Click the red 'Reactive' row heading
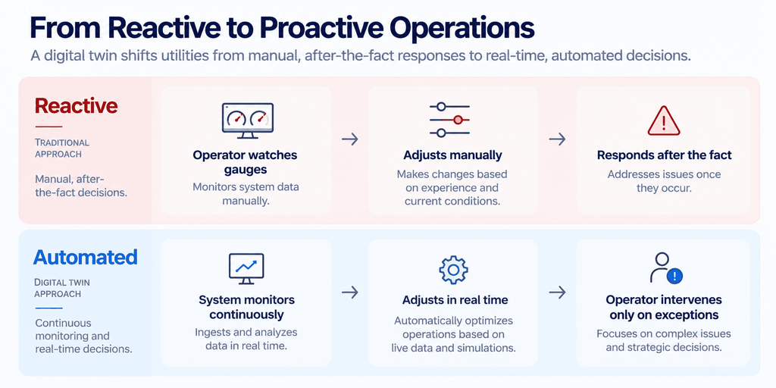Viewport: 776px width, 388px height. pyautogui.click(x=77, y=105)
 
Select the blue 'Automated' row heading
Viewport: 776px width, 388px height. pyautogui.click(x=85, y=258)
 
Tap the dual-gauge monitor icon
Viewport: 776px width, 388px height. pyautogui.click(x=248, y=120)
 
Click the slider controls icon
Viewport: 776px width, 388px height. pyautogui.click(x=449, y=120)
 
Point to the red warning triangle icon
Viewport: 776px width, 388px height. pyautogui.click(x=664, y=120)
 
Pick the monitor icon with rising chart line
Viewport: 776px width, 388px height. pyautogui.click(x=246, y=269)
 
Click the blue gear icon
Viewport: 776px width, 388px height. pyautogui.click(x=453, y=269)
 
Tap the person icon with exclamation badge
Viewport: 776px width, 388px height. pyautogui.click(x=665, y=268)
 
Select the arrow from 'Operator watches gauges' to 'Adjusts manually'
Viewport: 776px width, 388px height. pyautogui.click(x=350, y=139)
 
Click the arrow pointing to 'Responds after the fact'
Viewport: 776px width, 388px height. pyautogui.click(x=557, y=139)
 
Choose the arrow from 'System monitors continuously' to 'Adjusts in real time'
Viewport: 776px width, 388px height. pyautogui.click(x=350, y=293)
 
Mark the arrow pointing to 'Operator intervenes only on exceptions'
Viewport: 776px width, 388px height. pyautogui.click(x=557, y=293)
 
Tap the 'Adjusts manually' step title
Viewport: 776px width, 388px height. pyautogui.click(x=453, y=155)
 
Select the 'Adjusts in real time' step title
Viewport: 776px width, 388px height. pyautogui.click(x=455, y=300)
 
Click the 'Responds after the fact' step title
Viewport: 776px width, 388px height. pyautogui.click(x=664, y=155)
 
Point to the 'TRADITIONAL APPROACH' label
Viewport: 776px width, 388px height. pyautogui.click(x=62, y=148)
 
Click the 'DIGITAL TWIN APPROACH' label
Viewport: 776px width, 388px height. pyautogui.click(x=62, y=288)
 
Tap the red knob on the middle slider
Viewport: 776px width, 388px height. pyautogui.click(x=458, y=120)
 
